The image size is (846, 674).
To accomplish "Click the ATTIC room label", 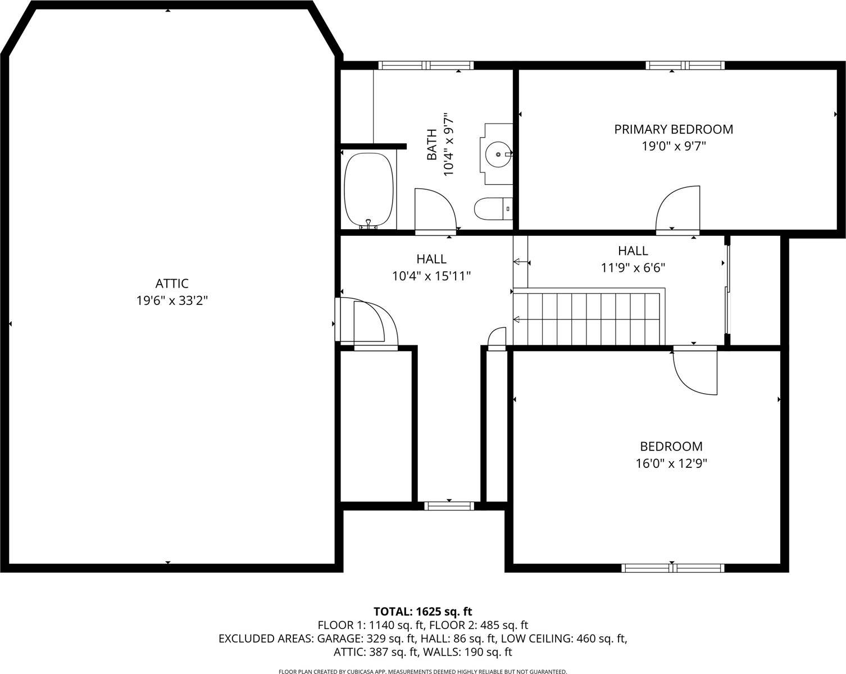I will tap(171, 284).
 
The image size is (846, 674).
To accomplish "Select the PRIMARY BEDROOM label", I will tap(673, 129).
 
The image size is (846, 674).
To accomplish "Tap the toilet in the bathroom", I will tap(492, 209).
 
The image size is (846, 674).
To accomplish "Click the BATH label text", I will tap(431, 144).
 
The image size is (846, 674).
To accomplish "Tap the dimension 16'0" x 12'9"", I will tap(671, 464).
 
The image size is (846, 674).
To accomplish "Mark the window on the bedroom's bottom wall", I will tap(672, 568).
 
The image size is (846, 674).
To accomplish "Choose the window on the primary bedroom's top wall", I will tap(685, 66).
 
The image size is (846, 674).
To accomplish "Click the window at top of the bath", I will tap(426, 66).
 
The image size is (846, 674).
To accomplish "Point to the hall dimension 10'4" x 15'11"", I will tap(431, 276).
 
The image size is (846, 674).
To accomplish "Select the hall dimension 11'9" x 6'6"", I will tap(633, 268).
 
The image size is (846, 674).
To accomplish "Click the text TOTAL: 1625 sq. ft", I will tap(422, 611).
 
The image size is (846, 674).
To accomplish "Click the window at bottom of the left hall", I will tap(449, 505).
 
